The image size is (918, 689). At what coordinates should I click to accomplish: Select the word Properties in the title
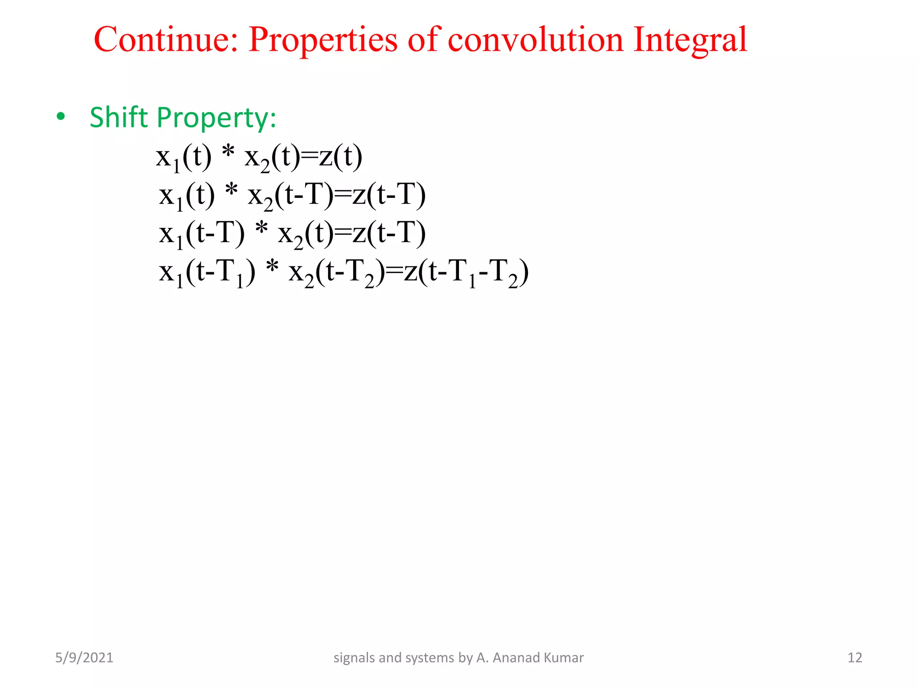[323, 40]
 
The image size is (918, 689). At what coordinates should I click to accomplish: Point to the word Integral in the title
[690, 40]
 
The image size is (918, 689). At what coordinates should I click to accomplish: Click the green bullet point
[61, 117]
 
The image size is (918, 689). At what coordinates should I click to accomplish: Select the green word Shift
[118, 117]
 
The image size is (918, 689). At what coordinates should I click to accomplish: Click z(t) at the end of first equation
[340, 157]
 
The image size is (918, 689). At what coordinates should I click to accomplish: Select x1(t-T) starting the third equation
[202, 234]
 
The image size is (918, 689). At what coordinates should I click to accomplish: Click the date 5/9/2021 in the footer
[84, 658]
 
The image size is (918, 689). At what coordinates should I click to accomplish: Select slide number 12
[855, 658]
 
